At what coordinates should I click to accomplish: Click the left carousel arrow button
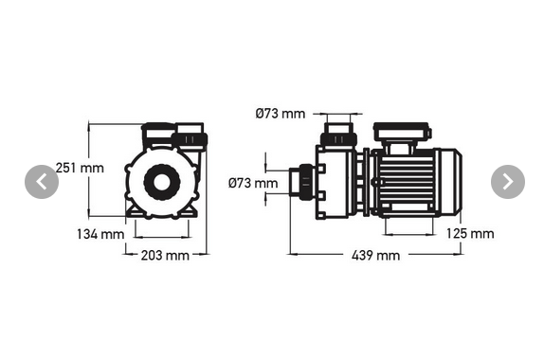pos(41,181)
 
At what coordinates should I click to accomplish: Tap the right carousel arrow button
pos(508,181)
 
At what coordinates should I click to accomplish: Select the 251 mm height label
pos(79,168)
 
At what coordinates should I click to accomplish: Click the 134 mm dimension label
pos(100,233)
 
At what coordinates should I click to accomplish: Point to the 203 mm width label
pos(165,255)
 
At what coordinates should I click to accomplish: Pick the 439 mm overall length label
pos(375,255)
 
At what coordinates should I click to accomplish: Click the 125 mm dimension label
pos(469,233)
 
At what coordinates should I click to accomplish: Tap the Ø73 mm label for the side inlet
pos(254,182)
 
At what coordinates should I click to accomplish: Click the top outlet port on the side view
pos(338,130)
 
